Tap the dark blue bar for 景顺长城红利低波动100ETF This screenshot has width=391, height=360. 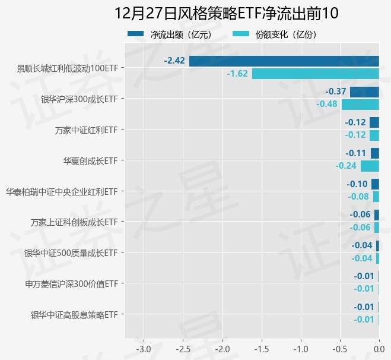pos(284,61)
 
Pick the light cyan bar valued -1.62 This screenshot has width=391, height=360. pos(315,74)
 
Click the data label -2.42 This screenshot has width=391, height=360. pos(175,61)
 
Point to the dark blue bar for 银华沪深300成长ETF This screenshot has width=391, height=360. pos(364,92)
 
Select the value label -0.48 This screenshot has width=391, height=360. pos(327,105)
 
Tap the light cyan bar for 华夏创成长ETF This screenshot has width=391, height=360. pos(370,166)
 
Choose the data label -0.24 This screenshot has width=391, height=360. pos(346,166)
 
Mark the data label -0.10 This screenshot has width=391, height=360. pos(357,184)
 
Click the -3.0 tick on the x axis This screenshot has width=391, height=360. pos(144,348)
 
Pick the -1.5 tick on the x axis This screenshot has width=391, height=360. pos(262,348)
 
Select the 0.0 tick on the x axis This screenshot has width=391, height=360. pos(379,348)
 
